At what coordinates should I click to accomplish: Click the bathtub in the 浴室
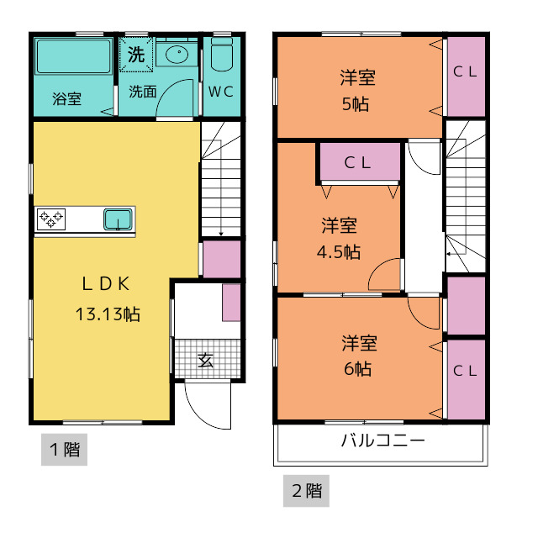(73, 56)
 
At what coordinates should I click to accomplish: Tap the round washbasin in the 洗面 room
(177, 55)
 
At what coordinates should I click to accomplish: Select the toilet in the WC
(222, 54)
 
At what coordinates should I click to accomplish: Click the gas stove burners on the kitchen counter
(51, 219)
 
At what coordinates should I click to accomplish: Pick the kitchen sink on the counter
(118, 219)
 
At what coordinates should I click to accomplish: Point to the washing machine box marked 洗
(136, 55)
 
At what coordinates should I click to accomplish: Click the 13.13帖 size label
(108, 314)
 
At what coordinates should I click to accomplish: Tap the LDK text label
(106, 284)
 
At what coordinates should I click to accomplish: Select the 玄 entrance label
(205, 361)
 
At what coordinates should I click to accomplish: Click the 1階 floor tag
(65, 450)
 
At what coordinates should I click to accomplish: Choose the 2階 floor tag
(306, 491)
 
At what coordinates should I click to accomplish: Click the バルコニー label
(383, 440)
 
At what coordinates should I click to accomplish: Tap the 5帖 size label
(356, 104)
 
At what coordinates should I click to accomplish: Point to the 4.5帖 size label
(339, 252)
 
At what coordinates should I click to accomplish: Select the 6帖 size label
(357, 369)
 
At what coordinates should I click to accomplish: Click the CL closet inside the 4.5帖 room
(360, 161)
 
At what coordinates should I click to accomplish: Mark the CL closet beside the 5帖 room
(466, 76)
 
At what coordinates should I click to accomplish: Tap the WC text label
(221, 92)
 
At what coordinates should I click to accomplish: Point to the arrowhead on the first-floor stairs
(221, 234)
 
